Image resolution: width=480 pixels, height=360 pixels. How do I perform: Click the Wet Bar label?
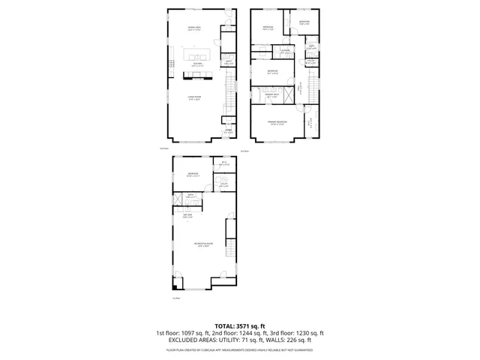tap(188, 216)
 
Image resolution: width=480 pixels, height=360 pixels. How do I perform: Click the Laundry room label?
tap(285, 52)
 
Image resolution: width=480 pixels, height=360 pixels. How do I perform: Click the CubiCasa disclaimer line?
tap(239, 349)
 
